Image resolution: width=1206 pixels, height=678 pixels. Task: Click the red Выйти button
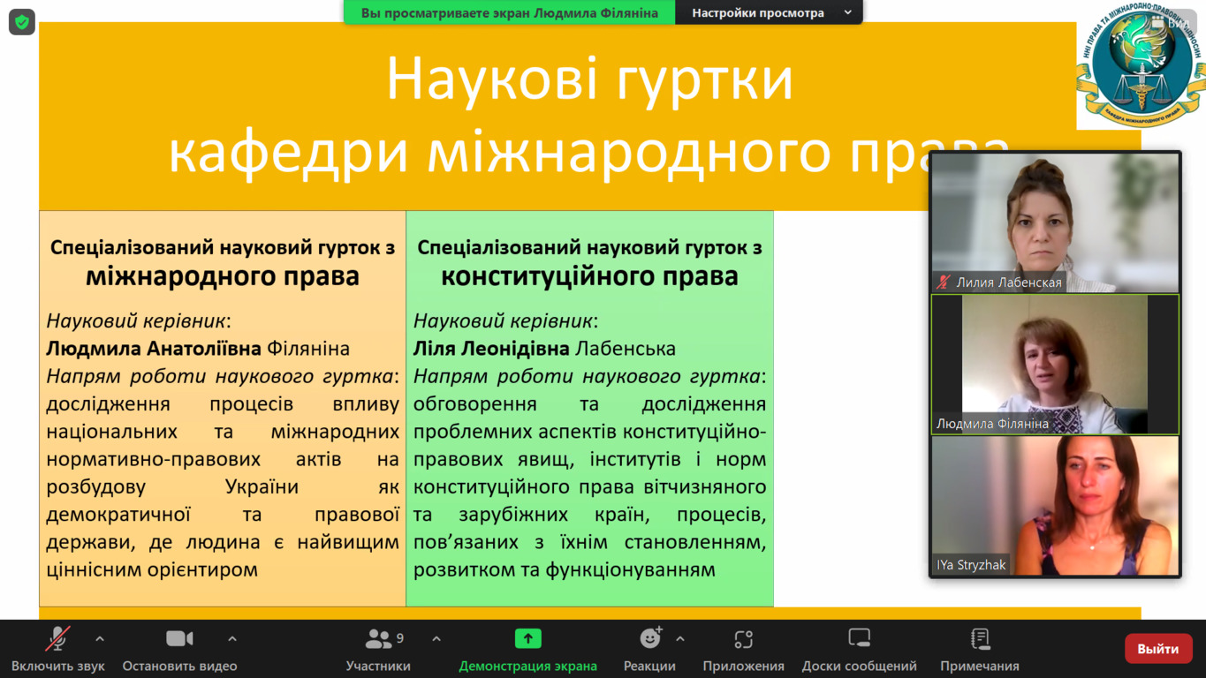click(x=1158, y=648)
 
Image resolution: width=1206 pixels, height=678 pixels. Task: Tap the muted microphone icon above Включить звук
click(x=57, y=639)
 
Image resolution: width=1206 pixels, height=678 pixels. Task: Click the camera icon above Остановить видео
click(x=179, y=639)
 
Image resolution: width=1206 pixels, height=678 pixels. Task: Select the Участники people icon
click(x=378, y=639)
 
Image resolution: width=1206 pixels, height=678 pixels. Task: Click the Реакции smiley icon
click(x=650, y=638)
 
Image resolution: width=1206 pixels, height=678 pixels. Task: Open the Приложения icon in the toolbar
click(x=743, y=639)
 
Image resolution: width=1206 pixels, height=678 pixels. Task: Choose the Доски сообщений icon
click(x=859, y=638)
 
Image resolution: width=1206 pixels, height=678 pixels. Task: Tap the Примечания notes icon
click(x=980, y=639)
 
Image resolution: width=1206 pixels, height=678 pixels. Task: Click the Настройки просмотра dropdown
click(x=769, y=12)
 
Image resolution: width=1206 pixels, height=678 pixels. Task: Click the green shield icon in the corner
click(x=22, y=22)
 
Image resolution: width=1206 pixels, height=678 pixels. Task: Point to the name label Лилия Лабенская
click(x=1008, y=282)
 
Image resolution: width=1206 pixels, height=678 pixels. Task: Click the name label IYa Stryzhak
click(x=971, y=565)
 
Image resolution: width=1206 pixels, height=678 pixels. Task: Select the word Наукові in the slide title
click(x=492, y=79)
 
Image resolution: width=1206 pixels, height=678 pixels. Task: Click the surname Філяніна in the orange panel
click(x=308, y=349)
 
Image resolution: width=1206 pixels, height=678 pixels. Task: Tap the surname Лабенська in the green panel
click(x=625, y=349)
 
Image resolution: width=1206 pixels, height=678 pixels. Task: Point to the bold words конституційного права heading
click(x=589, y=276)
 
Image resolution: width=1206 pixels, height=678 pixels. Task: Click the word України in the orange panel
click(x=262, y=486)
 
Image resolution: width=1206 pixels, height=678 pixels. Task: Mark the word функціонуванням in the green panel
click(x=631, y=569)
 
